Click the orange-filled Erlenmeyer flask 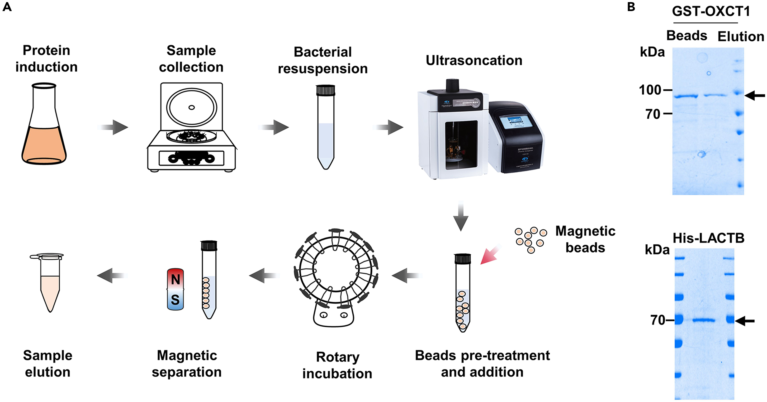pos(44,131)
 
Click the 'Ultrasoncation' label pos(474,60)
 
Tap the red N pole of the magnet pos(175,279)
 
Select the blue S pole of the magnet pos(175,300)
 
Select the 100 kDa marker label pos(650,90)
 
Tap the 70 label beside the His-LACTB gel pos(657,320)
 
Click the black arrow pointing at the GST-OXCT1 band pos(755,95)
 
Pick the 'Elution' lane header pos(741,37)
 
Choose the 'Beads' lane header pos(686,36)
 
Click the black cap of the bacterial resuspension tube pos(325,90)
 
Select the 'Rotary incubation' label pos(337,365)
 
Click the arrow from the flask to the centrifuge pos(113,128)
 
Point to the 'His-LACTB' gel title pos(708,238)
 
